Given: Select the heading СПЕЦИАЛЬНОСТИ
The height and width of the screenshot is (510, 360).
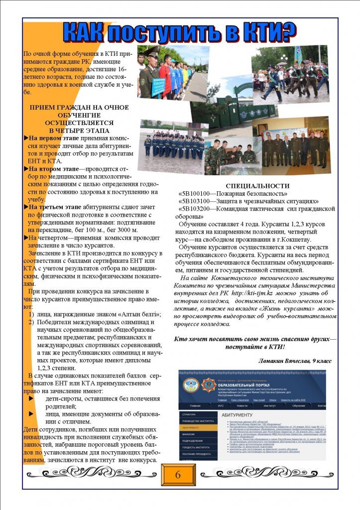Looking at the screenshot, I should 257,186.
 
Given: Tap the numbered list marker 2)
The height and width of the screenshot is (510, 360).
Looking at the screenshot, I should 30,322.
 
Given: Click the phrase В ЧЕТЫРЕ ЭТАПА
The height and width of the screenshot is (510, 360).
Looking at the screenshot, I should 80,130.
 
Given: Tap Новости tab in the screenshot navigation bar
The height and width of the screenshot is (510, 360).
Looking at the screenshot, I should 242,406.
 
